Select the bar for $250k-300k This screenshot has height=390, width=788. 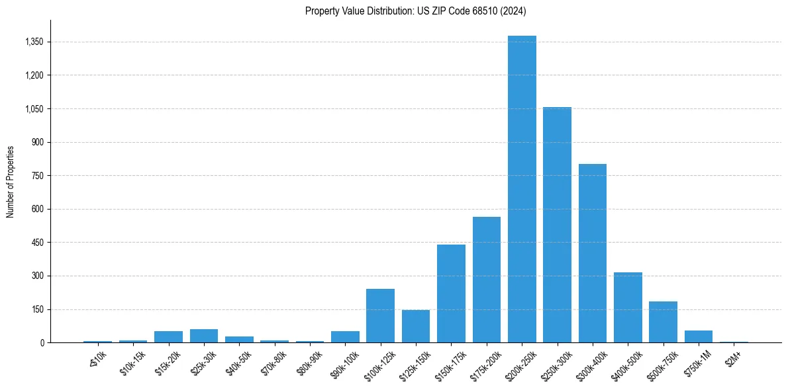coord(557,225)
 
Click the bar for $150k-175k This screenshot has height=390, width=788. coord(451,293)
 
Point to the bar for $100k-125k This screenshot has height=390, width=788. coord(380,316)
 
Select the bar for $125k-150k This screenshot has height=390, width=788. coord(416,327)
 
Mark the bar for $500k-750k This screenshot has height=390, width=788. coord(663,322)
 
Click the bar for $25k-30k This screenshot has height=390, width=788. coord(204,336)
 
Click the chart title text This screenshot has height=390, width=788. coord(416,11)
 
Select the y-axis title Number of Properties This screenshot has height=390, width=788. coord(11,181)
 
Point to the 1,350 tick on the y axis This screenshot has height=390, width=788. coord(33,42)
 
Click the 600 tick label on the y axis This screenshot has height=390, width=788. coord(36,209)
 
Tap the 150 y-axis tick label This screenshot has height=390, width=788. coord(36,309)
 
